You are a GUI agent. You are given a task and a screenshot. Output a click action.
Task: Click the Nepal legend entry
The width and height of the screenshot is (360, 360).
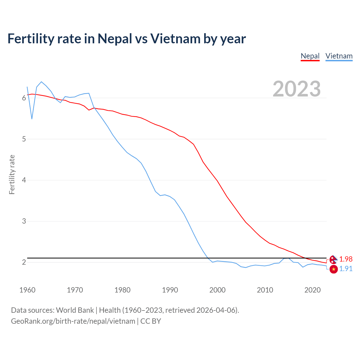coord(310,56)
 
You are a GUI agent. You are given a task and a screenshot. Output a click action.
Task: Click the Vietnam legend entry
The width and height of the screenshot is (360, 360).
coord(339,56)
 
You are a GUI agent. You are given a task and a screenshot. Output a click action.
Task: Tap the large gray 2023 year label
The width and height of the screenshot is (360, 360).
coord(297,89)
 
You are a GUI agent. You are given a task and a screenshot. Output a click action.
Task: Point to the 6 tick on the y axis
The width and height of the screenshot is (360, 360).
coord(24,98)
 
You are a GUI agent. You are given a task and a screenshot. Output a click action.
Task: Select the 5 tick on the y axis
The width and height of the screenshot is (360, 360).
coord(24,139)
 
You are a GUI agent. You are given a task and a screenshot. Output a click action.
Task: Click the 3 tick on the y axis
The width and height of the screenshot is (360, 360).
coord(24,221)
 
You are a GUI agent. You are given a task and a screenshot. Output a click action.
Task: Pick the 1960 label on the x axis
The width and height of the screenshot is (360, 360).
coord(27,290)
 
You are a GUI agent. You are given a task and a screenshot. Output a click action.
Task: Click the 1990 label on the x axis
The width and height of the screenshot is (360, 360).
coord(170,290)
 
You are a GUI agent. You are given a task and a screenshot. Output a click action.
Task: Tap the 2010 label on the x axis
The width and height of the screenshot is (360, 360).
coord(265,290)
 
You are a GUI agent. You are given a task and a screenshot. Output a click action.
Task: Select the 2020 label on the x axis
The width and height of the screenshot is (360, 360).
coord(312,290)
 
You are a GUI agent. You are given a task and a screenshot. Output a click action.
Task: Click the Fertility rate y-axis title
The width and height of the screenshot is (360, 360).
coord(12,174)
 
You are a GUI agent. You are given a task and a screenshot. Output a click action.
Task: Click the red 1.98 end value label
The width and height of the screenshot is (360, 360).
coord(346,259)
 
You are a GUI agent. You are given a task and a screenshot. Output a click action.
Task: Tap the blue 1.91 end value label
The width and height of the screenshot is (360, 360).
coord(346,269)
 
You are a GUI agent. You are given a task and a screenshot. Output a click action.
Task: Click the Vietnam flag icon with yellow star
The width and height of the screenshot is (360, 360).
coord(334,269)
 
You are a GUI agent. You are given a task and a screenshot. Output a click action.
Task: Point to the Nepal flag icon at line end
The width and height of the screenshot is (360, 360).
coord(333,259)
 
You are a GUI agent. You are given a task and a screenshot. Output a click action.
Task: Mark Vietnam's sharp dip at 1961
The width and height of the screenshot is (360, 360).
coord(32,119)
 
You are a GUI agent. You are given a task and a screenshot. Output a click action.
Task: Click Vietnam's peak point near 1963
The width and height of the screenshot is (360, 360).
coord(41,82)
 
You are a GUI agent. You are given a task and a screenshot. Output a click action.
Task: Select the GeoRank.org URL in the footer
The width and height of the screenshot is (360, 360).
coord(73,321)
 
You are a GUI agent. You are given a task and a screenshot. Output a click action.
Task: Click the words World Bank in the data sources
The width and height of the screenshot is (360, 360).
coord(75,310)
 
